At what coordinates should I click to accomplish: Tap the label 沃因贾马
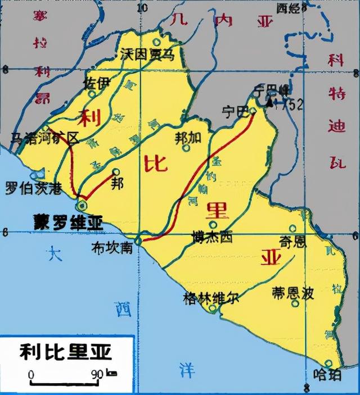(147, 54)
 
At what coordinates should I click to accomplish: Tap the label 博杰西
(211, 237)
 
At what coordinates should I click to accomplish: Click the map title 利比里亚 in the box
(66, 352)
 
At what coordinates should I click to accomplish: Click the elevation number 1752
(291, 104)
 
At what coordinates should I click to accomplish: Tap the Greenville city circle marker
(212, 308)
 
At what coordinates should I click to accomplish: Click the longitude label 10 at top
(142, 7)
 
